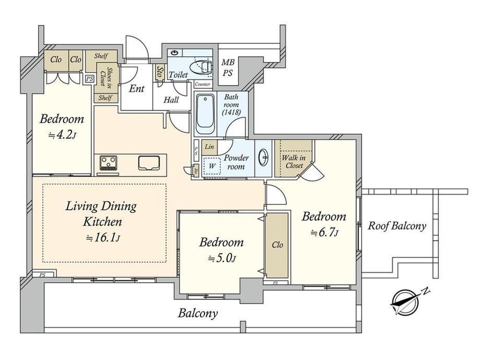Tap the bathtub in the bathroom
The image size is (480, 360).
[x=205, y=114]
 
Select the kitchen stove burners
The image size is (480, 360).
[x=109, y=163]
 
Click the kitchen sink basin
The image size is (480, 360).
[x=149, y=163]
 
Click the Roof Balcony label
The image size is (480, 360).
[x=397, y=226]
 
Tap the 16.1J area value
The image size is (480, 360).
[x=103, y=237]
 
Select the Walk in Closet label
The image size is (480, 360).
[x=294, y=162]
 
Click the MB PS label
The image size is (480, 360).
[x=228, y=68]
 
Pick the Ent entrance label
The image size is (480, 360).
[x=137, y=89]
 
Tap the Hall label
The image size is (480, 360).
[x=171, y=100]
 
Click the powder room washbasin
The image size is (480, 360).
[x=263, y=158]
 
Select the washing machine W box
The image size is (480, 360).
[x=212, y=166]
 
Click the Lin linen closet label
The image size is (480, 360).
[x=209, y=147]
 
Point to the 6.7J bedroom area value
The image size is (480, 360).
[x=324, y=233]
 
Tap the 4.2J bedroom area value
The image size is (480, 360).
[x=62, y=135]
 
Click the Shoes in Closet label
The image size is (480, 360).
[x=105, y=78]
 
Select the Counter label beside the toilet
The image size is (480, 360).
[x=202, y=84]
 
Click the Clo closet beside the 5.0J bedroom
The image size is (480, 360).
[x=278, y=245]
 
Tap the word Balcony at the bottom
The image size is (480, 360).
[x=198, y=314]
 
